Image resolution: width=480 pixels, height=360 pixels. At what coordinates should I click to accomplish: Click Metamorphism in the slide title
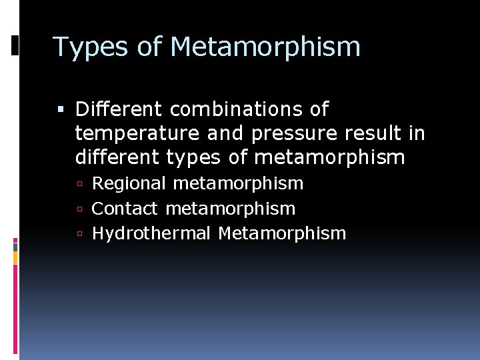(265, 47)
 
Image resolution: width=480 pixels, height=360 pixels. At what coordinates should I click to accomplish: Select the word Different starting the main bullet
(119, 109)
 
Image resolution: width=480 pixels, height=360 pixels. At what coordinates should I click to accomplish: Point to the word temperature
(137, 133)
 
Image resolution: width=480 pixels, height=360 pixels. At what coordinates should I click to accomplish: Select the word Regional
(129, 183)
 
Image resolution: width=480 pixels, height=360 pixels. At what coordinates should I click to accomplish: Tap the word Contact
(125, 209)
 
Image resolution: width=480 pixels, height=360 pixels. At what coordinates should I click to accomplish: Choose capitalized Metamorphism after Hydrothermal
(282, 233)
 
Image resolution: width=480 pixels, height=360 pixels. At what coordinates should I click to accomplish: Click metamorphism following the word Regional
(238, 183)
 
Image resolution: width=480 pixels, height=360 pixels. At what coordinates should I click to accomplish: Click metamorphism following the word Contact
(230, 209)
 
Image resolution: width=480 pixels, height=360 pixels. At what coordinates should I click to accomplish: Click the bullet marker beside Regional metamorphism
(79, 184)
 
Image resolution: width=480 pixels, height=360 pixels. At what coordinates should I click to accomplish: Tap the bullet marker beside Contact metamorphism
(79, 209)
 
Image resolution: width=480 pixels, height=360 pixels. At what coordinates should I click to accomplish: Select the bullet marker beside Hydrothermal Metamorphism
(79, 234)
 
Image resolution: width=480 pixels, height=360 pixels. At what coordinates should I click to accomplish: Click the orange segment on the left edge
(15, 257)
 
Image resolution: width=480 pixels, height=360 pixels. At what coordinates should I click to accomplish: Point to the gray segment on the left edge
(15, 245)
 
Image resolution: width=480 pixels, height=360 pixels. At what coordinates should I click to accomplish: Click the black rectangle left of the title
(15, 45)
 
